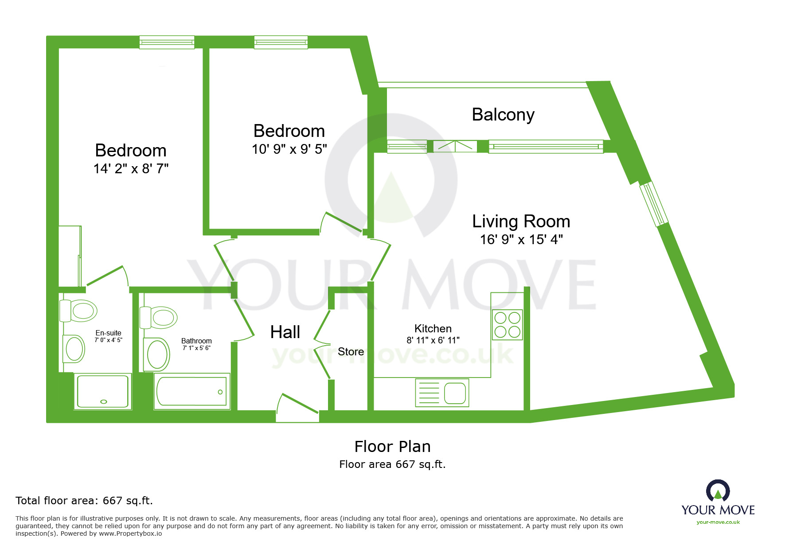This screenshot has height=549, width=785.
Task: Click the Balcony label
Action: click(503, 115)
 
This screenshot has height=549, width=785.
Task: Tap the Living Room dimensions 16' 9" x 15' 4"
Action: click(521, 240)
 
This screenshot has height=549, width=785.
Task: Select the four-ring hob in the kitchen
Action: click(508, 325)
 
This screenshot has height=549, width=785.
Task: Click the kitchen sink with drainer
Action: click(442, 393)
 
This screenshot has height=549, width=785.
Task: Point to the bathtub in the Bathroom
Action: click(192, 391)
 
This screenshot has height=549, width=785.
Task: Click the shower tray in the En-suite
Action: click(103, 391)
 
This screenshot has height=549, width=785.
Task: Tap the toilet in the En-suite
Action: click(79, 310)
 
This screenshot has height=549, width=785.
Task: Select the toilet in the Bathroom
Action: click(159, 317)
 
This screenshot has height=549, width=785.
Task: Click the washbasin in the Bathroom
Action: click(157, 354)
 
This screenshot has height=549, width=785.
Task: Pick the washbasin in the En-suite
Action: click(74, 348)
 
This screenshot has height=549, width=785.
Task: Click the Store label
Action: click(351, 352)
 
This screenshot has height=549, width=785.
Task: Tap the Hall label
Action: click(285, 332)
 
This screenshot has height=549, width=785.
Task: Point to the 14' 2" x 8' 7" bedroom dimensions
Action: click(131, 169)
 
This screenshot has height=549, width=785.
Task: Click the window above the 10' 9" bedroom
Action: click(281, 43)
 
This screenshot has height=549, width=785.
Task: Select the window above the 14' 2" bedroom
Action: click(167, 43)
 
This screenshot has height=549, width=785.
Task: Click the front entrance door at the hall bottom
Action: click(297, 407)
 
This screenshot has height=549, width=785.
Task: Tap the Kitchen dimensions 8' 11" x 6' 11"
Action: click(433, 340)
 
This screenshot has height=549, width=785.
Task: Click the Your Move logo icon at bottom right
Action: click(718, 491)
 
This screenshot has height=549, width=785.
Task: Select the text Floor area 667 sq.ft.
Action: click(392, 464)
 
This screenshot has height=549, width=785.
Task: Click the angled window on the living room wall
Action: click(653, 204)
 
